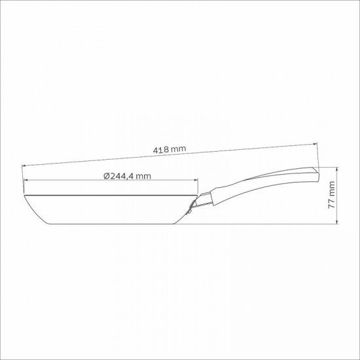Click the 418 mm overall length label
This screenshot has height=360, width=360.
coord(170,150)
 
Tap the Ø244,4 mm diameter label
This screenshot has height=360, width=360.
coord(128,175)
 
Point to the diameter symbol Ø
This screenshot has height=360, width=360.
coord(106,175)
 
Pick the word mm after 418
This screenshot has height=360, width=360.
coord(178,149)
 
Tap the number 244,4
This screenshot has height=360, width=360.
coord(122,175)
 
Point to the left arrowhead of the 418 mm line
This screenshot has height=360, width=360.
coord(26,165)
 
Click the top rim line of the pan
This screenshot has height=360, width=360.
coord(111,194)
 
